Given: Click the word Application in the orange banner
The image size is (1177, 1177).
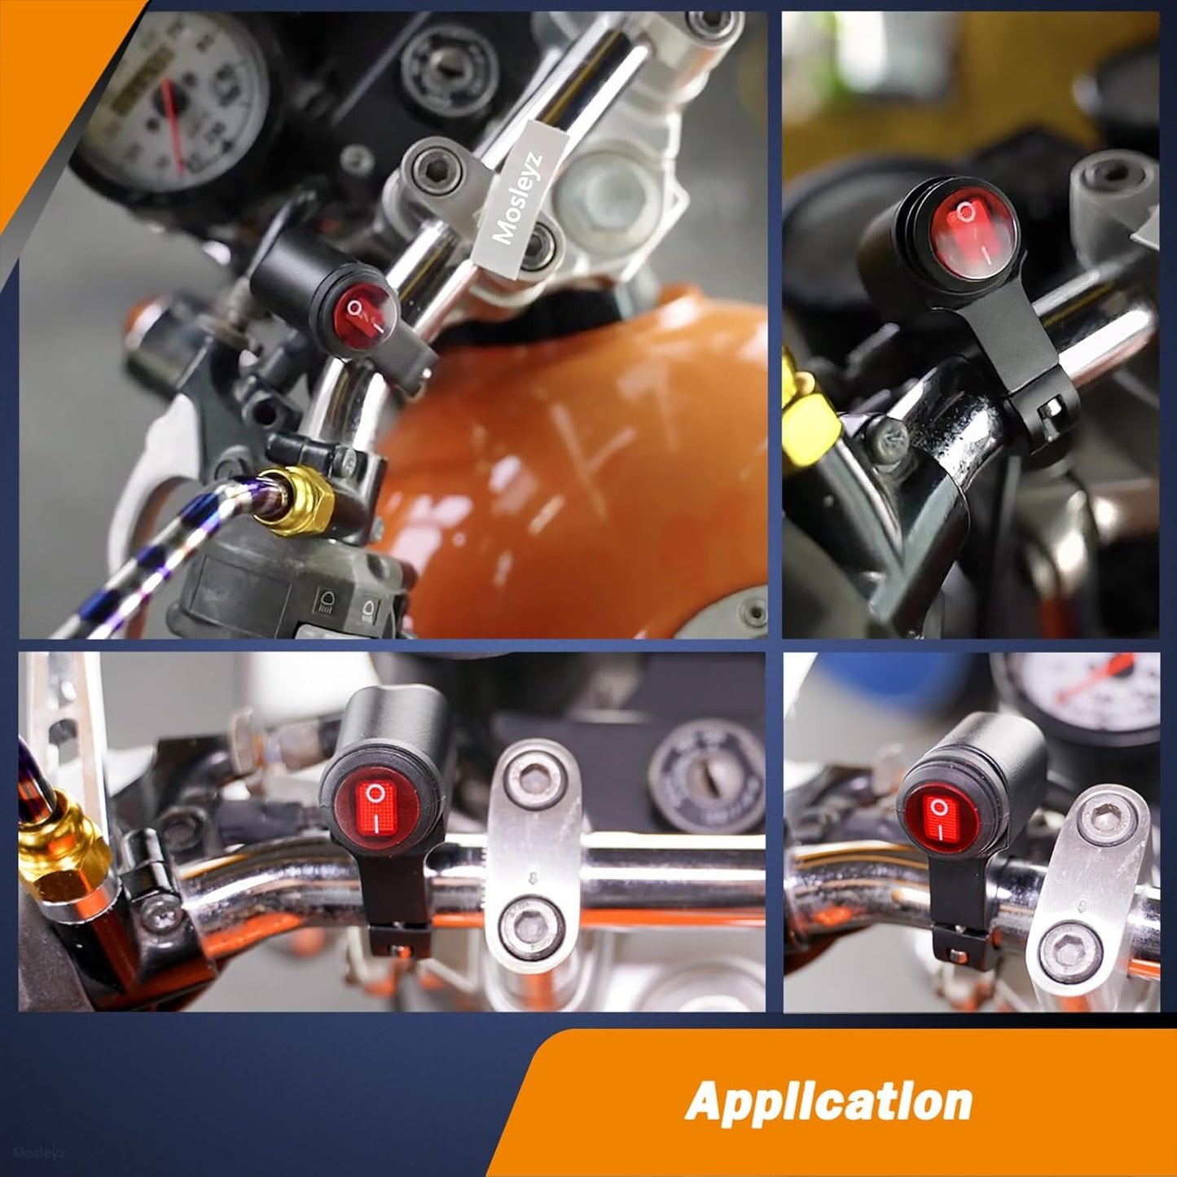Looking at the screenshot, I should (x=829, y=1102).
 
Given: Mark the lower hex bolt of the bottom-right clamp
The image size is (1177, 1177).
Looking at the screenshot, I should (x=1071, y=954).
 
